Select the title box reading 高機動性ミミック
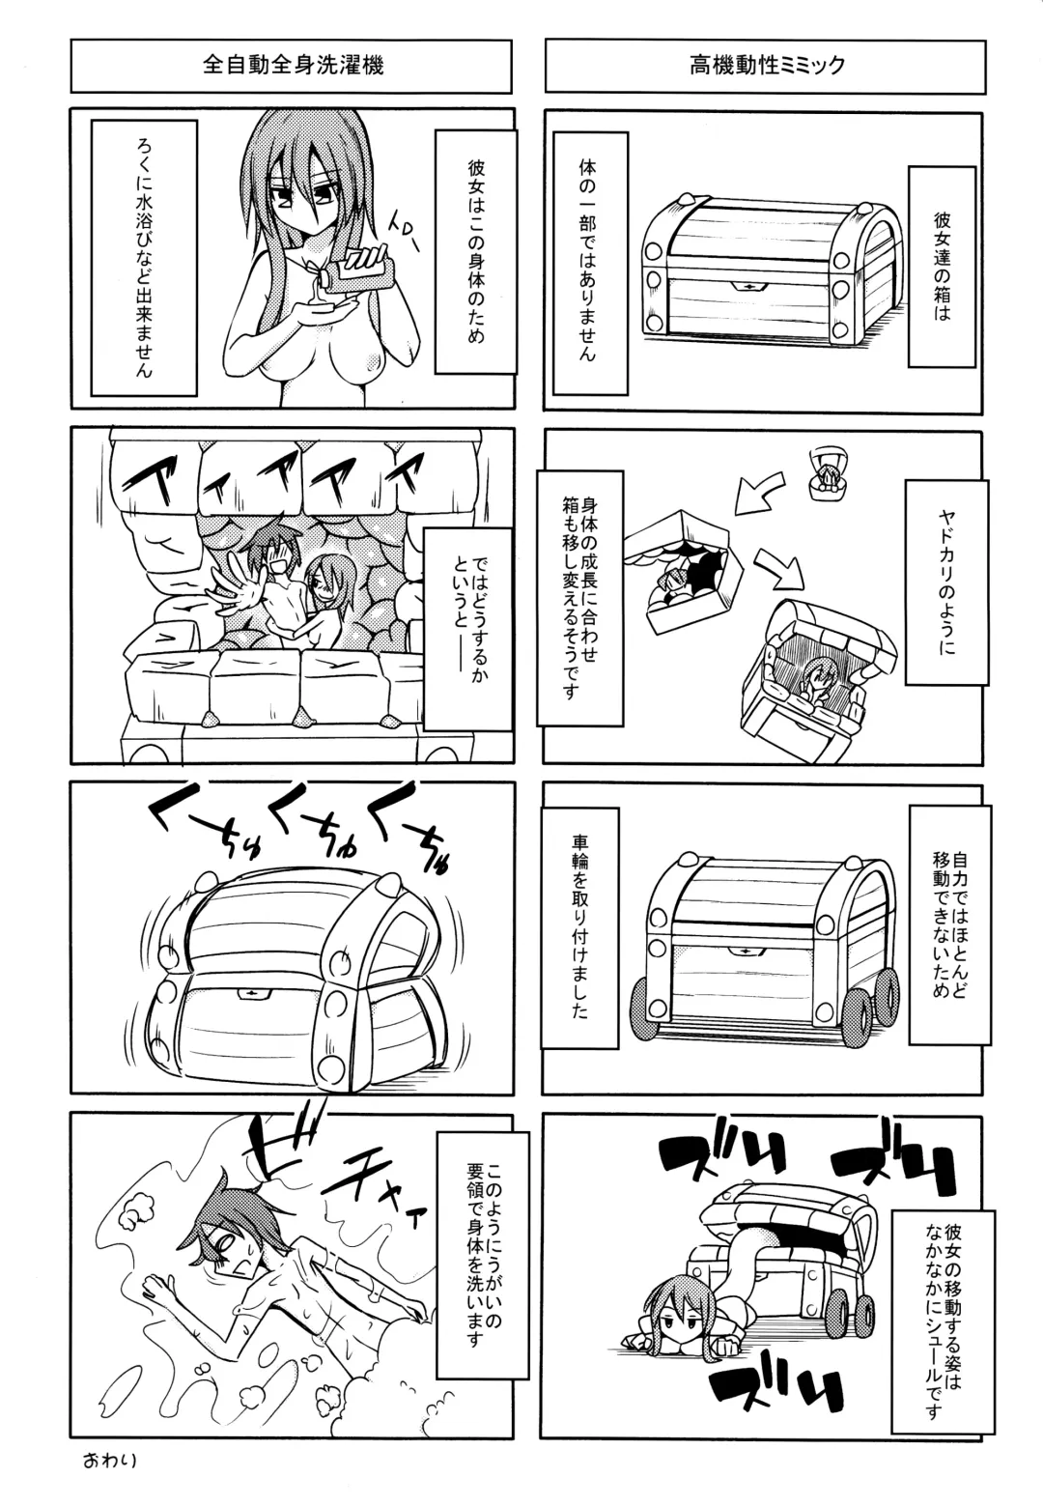[766, 66]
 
